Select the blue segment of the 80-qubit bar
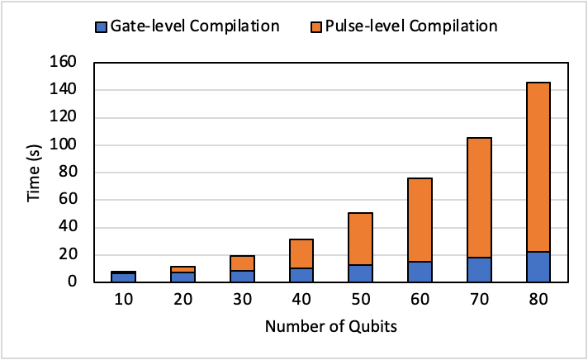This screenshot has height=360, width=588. coord(538,267)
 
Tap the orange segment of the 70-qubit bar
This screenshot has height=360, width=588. coord(479,197)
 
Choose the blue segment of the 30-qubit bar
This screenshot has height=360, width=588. coord(243,277)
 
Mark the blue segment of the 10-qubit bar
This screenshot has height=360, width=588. coord(124,277)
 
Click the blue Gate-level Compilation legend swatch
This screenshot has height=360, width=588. coord(99,26)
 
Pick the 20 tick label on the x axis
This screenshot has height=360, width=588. coord(183,297)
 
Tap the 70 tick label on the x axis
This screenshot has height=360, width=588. coord(479,297)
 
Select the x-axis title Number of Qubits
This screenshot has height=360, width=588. coord(330,327)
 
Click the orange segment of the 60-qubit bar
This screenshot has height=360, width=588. coord(420,220)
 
